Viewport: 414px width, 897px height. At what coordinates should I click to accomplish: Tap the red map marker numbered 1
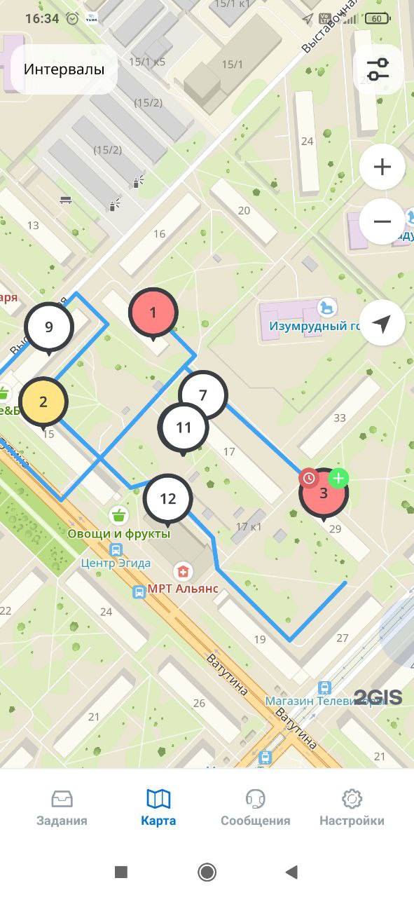[153, 313]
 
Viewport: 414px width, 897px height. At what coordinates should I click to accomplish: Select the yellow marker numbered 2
[43, 402]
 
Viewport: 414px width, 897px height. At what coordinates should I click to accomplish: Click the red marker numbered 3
[323, 493]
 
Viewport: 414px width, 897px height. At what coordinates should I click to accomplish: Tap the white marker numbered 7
[203, 395]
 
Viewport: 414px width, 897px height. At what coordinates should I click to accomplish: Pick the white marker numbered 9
[48, 327]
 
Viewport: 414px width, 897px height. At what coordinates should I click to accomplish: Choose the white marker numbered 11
[184, 427]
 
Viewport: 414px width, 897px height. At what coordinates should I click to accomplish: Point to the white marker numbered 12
[168, 499]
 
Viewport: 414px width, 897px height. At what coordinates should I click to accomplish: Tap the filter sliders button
[378, 69]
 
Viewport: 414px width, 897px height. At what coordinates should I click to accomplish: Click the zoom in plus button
[382, 167]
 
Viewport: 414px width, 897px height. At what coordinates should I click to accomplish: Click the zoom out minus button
[382, 221]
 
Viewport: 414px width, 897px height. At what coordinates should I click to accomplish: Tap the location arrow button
[382, 323]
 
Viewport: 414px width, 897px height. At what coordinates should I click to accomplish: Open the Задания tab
[62, 808]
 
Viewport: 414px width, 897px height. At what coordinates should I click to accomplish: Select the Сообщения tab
[255, 808]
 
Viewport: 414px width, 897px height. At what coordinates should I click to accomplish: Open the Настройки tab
[352, 808]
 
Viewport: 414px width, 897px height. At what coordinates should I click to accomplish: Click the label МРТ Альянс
[183, 589]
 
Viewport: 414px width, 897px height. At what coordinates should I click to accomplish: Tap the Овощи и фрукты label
[119, 533]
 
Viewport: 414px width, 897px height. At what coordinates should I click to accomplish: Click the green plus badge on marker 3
[338, 479]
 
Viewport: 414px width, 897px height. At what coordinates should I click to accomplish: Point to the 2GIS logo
[378, 697]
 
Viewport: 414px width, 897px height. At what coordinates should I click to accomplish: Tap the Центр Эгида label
[116, 563]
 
